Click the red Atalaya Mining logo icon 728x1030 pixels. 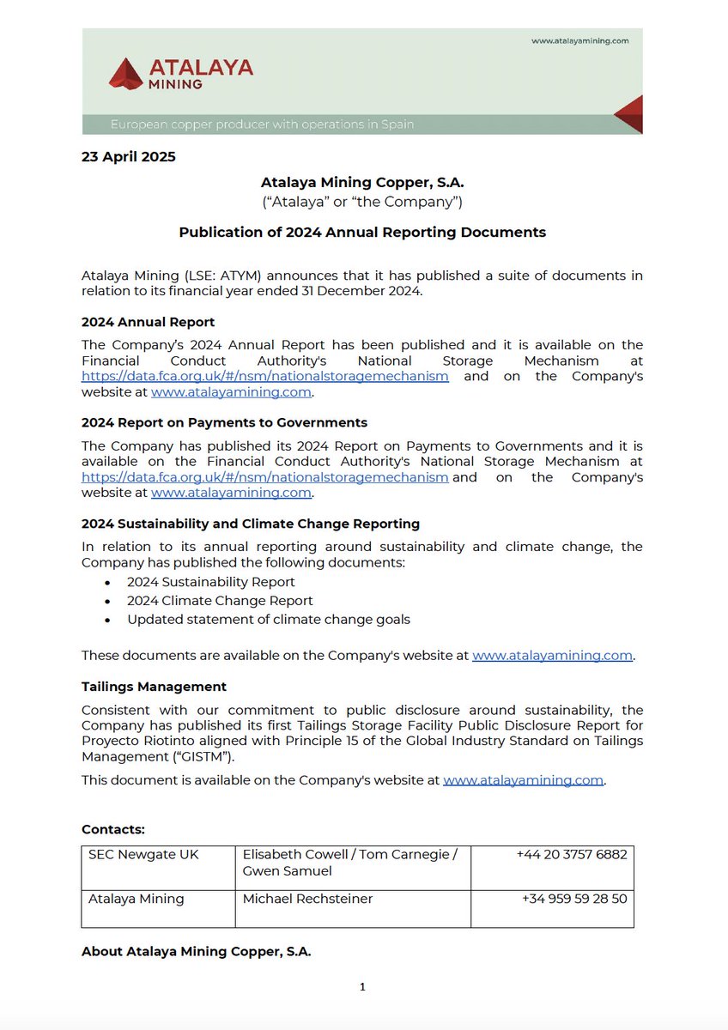(x=125, y=74)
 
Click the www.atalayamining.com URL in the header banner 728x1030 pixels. (x=580, y=40)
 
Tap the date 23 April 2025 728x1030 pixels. (x=129, y=157)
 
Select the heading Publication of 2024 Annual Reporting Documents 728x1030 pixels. (x=362, y=232)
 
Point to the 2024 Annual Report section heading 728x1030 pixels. (x=148, y=322)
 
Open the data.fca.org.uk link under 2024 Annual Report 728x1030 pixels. (x=265, y=377)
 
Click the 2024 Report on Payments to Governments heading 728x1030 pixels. (x=224, y=422)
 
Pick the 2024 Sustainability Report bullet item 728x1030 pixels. (x=211, y=582)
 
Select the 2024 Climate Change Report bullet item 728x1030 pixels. (x=220, y=601)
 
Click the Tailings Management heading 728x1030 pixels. (x=154, y=687)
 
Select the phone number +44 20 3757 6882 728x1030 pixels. (x=571, y=855)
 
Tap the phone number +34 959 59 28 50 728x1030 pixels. (x=573, y=899)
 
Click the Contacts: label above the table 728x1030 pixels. (x=113, y=829)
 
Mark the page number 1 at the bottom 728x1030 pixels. (x=362, y=987)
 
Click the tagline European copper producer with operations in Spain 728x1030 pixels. (x=262, y=124)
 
